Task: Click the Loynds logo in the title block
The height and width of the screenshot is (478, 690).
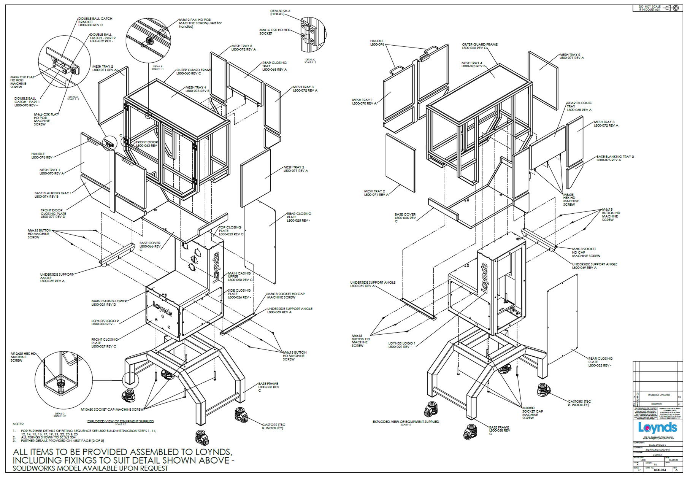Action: click(657, 428)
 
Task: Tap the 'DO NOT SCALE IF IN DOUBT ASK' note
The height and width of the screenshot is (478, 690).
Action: click(649, 8)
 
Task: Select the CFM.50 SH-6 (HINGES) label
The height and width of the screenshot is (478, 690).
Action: click(280, 13)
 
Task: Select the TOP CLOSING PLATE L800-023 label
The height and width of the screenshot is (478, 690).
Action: click(231, 231)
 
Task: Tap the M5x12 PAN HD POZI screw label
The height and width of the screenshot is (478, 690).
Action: click(200, 23)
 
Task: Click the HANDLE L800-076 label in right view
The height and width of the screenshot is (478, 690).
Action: click(377, 43)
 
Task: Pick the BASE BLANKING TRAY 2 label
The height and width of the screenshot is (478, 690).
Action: click(615, 158)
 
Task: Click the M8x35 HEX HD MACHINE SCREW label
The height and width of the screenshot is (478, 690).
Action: click(571, 200)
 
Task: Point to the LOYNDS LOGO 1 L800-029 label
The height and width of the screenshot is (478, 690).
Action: click(401, 345)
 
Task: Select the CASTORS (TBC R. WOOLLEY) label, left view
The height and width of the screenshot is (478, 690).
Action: click(273, 426)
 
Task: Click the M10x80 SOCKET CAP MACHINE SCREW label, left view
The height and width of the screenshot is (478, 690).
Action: click(112, 410)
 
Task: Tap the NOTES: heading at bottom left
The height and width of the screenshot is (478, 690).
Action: click(18, 424)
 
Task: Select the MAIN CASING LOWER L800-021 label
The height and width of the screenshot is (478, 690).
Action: click(109, 303)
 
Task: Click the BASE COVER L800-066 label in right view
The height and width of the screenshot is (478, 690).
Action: click(405, 216)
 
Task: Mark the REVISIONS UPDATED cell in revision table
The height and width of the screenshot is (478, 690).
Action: click(659, 395)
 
